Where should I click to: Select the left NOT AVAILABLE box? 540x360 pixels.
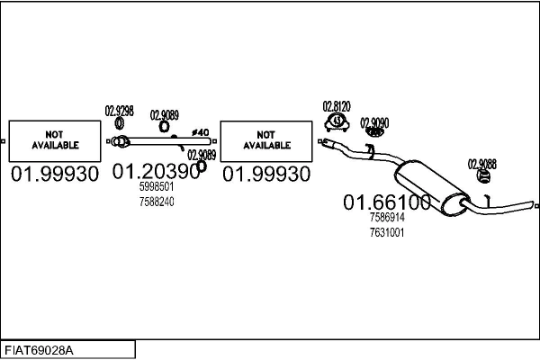click(x=55, y=139)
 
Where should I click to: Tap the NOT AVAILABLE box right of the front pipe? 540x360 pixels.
click(x=266, y=139)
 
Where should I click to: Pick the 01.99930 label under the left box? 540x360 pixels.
click(x=55, y=174)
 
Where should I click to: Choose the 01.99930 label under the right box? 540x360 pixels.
click(x=266, y=174)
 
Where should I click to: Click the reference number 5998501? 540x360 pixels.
click(x=156, y=186)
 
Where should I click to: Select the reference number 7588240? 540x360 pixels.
click(x=156, y=202)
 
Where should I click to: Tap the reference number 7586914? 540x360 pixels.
click(x=387, y=217)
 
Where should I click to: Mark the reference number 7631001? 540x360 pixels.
click(x=387, y=232)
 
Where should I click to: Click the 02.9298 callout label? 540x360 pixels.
click(x=120, y=111)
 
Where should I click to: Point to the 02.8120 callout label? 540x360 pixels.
click(x=337, y=105)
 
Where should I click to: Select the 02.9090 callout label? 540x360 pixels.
click(x=374, y=121)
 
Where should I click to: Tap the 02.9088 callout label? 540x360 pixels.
click(x=481, y=163)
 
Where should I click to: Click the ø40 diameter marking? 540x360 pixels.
click(x=201, y=133)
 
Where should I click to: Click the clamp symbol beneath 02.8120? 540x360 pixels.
click(x=336, y=121)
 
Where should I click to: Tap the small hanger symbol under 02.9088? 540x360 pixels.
click(x=481, y=176)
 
